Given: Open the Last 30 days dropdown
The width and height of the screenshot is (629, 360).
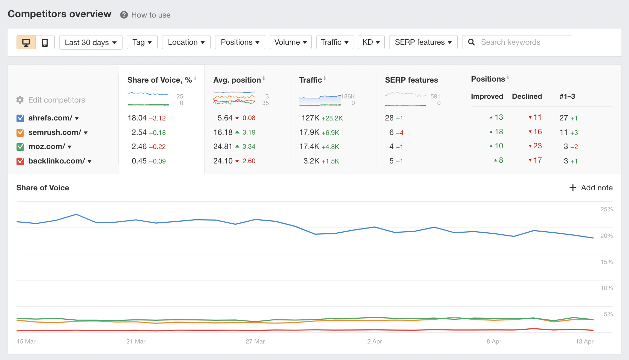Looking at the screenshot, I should point(90,42).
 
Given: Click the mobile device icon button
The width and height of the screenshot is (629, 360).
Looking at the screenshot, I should point(45,42).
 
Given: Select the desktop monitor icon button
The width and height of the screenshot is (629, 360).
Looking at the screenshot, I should point(26,42).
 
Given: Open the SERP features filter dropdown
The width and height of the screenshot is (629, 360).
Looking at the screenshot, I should point(423,42).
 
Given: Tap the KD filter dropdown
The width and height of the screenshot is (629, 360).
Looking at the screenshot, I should point(371,42).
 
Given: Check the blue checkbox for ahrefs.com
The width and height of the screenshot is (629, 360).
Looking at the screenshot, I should point(20,118).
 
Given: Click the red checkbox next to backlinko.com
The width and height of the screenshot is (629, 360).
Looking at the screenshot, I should point(20,161).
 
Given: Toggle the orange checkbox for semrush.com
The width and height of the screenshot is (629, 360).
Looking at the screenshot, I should point(20,133).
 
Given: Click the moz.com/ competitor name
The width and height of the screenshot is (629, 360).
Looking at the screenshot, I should point(47,147).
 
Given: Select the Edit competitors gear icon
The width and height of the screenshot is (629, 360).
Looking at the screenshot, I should point(20,100).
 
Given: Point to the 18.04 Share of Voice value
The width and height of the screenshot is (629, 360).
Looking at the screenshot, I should point(137,118).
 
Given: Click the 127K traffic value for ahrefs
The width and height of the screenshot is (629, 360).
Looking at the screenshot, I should point(310,118).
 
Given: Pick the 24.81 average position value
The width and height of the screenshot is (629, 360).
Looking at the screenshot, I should point(223,147).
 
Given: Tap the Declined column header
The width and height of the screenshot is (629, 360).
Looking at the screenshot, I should point(527,96).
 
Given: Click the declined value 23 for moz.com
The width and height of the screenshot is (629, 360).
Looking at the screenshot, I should point(537,146).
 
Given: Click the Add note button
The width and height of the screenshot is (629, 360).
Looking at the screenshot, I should point(591,188).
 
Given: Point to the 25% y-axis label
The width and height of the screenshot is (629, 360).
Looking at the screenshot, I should point(606,209).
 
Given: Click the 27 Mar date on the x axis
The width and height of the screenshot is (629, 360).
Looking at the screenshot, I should point(255,341).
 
